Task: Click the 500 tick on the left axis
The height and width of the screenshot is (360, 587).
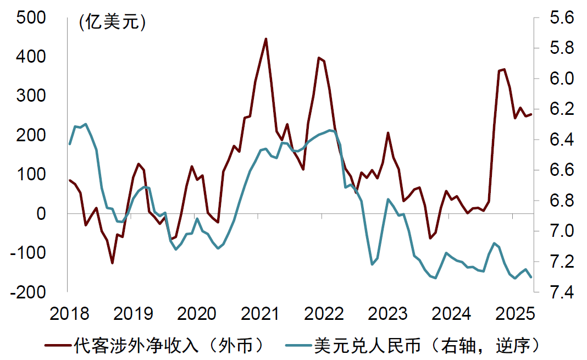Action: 32,18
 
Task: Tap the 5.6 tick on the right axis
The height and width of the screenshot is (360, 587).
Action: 560,18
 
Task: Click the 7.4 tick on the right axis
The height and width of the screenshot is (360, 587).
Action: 560,292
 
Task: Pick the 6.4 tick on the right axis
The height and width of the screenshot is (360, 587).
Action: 560,140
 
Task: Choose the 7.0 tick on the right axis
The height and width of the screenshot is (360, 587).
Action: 560,231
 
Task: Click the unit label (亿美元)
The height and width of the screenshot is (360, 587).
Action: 112,23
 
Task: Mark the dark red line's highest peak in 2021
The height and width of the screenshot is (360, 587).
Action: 266,39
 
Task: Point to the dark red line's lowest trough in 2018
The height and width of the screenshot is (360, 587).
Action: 112,263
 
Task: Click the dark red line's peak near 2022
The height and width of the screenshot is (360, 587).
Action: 319,57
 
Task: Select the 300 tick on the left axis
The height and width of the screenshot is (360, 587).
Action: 32,96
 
